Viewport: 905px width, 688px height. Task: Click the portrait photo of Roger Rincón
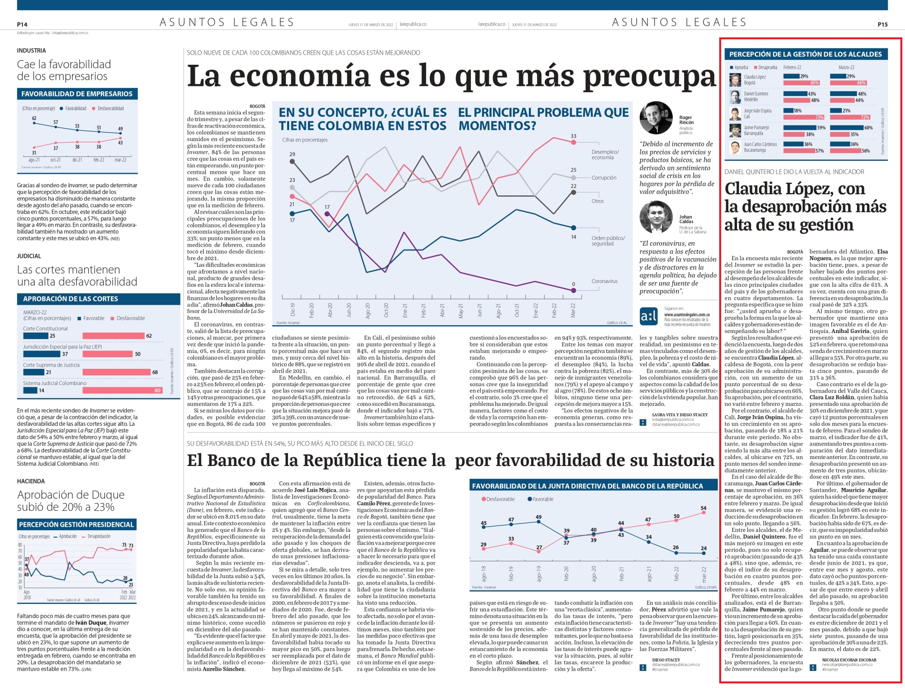pos(656,118)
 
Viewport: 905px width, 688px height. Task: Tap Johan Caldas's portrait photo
pos(656,217)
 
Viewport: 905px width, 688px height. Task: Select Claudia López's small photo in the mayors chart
pos(735,80)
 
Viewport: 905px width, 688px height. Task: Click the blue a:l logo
pos(649,316)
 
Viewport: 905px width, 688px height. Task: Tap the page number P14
pos(22,25)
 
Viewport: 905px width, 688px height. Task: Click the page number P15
pos(883,25)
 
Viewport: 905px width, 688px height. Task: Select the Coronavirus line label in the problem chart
pos(604,281)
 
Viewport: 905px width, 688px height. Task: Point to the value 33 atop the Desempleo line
pos(573,136)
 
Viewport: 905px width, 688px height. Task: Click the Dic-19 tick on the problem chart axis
pos(293,310)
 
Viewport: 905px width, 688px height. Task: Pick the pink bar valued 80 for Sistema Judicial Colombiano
pos(123,391)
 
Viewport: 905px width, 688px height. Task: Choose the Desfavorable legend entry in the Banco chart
pos(498,499)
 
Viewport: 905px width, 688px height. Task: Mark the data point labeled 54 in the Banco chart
pos(703,512)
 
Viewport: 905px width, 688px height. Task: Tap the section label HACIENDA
pos(31,481)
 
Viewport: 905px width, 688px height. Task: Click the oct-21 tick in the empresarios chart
pos(56,160)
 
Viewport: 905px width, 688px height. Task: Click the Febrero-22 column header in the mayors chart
pos(792,67)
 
